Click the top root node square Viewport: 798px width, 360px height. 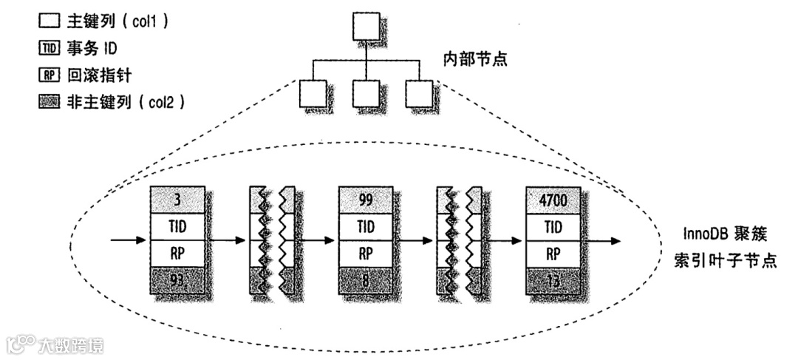coord(366,28)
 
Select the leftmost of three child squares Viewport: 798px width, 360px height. coord(313,93)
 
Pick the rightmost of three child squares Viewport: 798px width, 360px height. coord(418,93)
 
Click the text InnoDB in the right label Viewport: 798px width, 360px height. coord(705,235)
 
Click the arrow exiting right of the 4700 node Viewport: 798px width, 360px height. coord(602,240)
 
